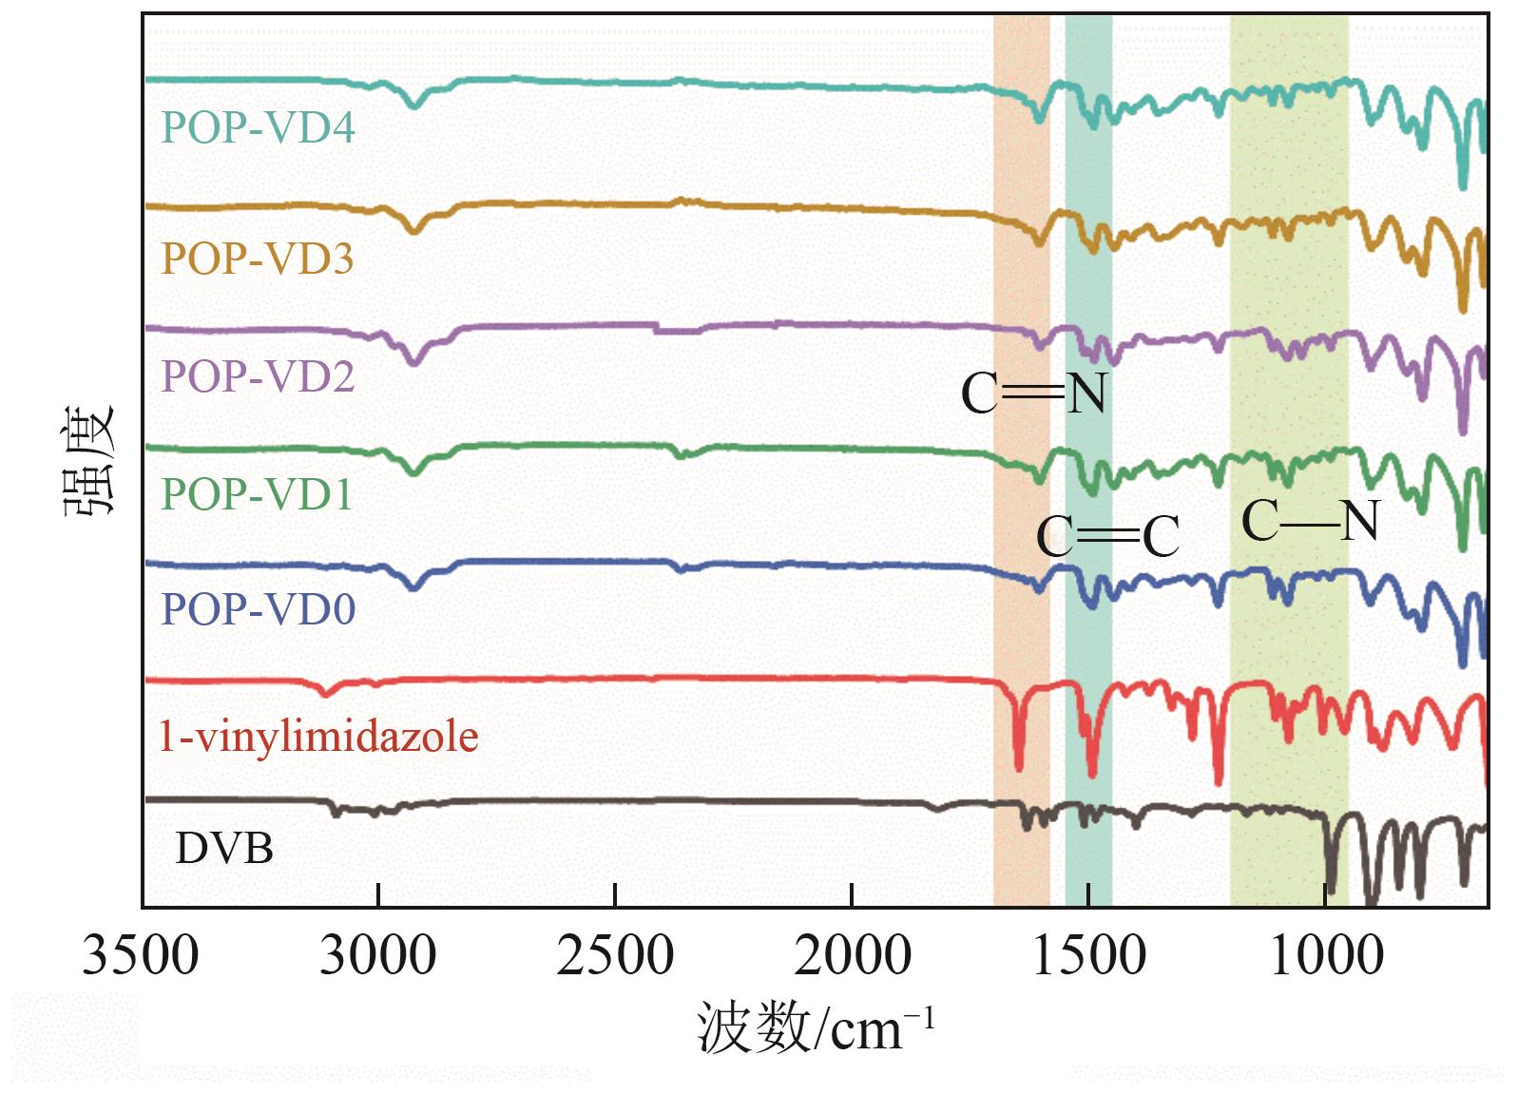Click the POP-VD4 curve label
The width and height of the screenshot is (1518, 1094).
[258, 127]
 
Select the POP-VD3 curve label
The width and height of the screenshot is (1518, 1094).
[258, 258]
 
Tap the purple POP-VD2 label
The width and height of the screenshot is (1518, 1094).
[258, 376]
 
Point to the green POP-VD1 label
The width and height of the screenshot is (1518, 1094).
[257, 494]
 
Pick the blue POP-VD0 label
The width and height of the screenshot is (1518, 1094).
[258, 609]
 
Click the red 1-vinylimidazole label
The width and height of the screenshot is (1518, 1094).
[317, 737]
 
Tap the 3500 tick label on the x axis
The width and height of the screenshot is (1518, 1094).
[141, 955]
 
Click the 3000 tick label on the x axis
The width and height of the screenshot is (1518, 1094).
[377, 955]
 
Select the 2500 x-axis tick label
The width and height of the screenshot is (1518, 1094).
[615, 955]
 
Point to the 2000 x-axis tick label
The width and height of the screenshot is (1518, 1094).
[852, 955]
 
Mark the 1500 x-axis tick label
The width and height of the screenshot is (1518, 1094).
[1088, 955]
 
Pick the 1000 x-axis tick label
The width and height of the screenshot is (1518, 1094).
[1326, 955]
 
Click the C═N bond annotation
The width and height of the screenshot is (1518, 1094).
[1034, 393]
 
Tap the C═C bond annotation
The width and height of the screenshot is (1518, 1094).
[1108, 537]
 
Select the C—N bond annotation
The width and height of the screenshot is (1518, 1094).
[1310, 521]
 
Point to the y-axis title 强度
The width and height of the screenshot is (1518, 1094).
[90, 461]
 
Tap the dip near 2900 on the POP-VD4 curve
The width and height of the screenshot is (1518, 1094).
[413, 105]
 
